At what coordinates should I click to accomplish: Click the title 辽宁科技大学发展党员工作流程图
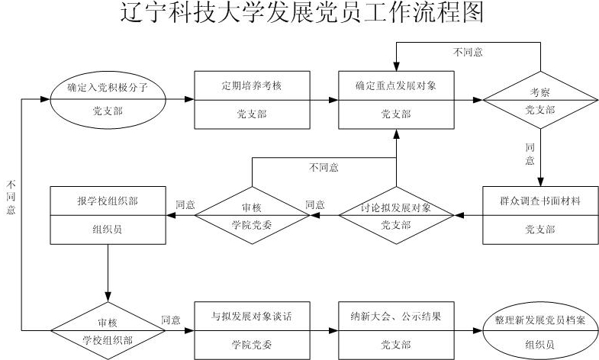click(x=303, y=14)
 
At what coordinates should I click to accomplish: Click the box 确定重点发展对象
click(x=395, y=100)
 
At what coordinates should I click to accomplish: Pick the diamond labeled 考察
click(x=540, y=100)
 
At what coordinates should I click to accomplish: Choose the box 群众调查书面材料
click(x=540, y=215)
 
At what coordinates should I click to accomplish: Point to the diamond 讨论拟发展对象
click(x=395, y=215)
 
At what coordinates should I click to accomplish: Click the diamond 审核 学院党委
click(x=252, y=215)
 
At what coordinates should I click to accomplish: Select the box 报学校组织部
click(x=108, y=215)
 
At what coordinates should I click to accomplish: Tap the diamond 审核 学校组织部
click(x=108, y=329)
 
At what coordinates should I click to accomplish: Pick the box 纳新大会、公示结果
click(x=395, y=329)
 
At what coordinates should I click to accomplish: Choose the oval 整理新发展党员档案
click(x=539, y=329)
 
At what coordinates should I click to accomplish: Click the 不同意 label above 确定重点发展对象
click(x=467, y=53)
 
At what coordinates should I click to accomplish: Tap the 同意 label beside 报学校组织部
click(x=185, y=204)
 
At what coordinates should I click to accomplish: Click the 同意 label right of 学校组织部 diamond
click(x=171, y=320)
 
